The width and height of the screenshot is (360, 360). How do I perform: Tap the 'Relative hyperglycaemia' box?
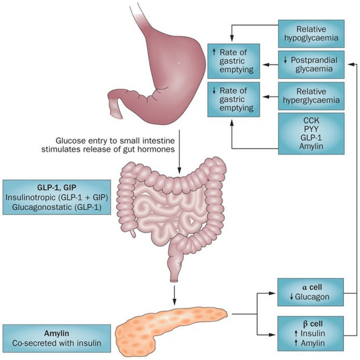click(311, 96)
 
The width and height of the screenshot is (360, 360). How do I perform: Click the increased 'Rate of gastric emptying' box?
click(233, 60)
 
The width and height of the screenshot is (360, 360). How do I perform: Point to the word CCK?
click(311, 120)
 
